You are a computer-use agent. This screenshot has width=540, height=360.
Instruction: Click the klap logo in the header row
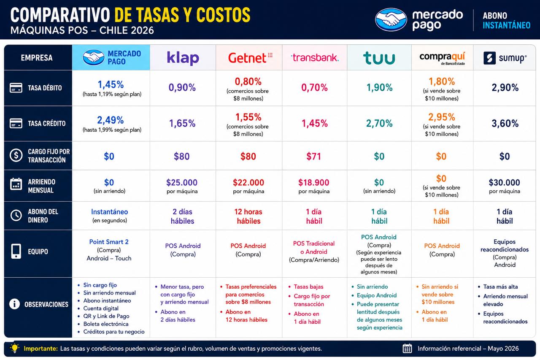(183, 58)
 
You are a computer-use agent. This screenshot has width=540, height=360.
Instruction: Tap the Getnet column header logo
(250, 58)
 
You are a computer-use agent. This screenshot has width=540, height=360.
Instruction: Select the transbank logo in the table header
(315, 58)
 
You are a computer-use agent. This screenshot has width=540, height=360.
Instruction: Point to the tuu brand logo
(379, 58)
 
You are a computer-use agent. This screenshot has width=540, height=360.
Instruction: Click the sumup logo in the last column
(505, 58)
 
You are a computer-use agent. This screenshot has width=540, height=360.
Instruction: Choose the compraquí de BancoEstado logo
(442, 58)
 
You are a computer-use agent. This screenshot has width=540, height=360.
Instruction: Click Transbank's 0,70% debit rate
(314, 87)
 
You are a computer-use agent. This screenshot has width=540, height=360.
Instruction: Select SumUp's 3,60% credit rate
(505, 124)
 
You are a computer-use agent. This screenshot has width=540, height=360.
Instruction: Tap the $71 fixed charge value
(313, 157)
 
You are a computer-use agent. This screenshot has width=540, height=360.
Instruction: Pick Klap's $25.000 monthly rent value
(182, 182)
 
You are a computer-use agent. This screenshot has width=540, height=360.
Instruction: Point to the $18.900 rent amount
(313, 182)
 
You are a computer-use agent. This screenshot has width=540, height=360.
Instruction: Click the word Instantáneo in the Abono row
(109, 212)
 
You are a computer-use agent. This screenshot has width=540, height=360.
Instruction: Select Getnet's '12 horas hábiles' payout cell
(248, 216)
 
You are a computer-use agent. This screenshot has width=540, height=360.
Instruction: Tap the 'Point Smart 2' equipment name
(109, 242)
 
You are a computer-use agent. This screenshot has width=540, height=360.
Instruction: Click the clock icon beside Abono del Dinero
(16, 215)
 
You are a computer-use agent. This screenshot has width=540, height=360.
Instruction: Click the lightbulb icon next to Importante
(15, 348)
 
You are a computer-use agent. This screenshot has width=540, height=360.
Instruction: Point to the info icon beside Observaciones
(14, 304)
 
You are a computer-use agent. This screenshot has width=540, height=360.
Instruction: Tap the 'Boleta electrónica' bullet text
(106, 324)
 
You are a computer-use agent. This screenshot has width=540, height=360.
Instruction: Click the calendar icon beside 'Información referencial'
(408, 349)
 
